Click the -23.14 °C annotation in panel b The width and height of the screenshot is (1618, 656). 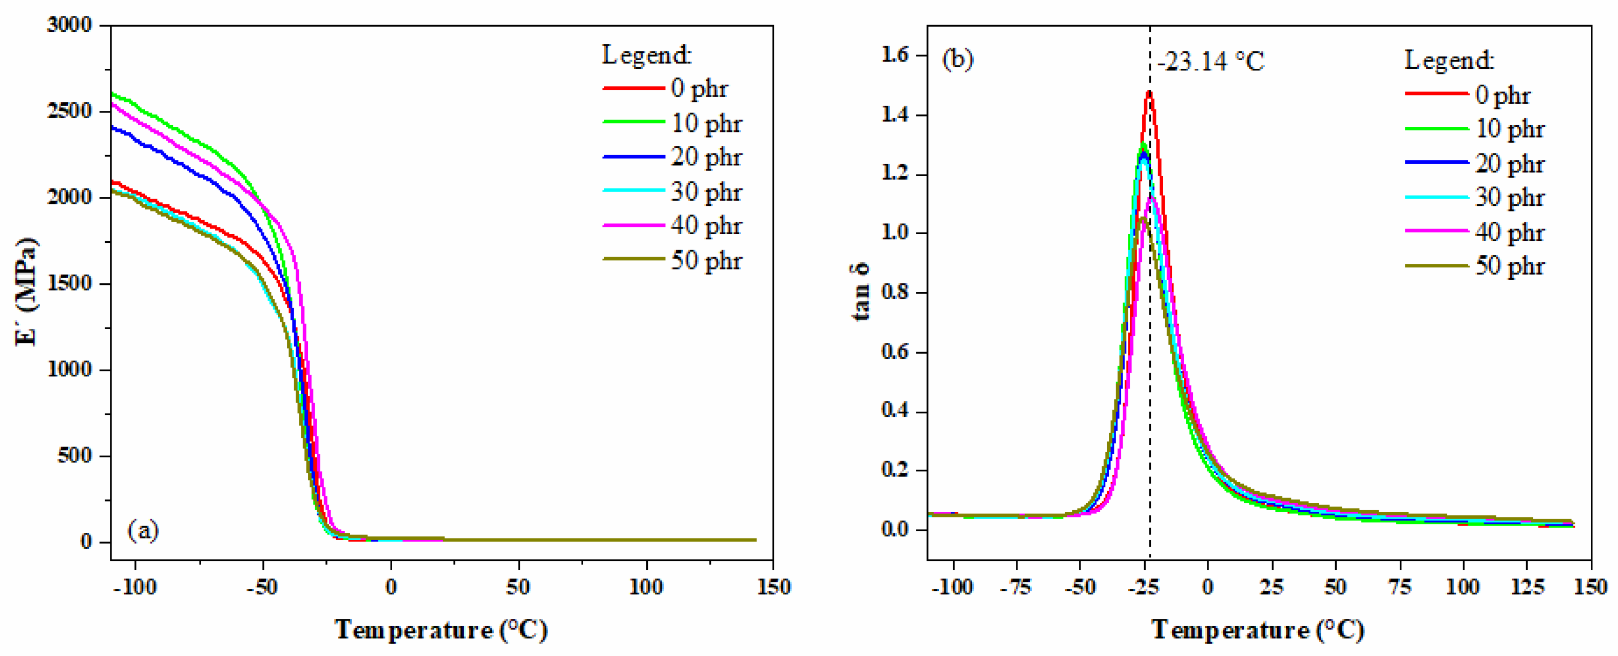click(x=1210, y=62)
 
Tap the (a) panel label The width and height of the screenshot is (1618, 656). click(x=143, y=531)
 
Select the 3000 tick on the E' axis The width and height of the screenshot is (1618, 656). click(x=69, y=25)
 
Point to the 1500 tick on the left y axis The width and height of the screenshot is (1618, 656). click(x=69, y=283)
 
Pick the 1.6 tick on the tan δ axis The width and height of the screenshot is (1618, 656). click(x=895, y=55)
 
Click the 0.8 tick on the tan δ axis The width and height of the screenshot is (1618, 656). click(x=895, y=293)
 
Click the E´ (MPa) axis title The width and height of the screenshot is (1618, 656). click(x=26, y=292)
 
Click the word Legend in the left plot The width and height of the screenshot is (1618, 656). click(x=646, y=55)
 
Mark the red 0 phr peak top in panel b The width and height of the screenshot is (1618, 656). click(x=1149, y=92)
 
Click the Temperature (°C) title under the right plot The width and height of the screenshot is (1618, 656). click(x=1258, y=630)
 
